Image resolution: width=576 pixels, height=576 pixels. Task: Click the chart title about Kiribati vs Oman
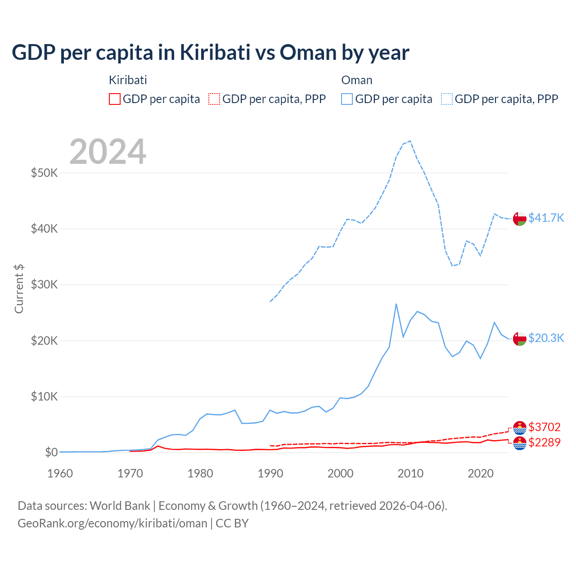pos(210,53)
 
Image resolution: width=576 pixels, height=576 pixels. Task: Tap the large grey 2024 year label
pos(108,152)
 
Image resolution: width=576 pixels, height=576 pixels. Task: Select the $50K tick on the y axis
pos(44,173)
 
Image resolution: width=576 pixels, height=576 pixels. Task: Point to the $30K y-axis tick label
pos(44,285)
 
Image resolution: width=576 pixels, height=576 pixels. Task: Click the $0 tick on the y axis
pos(51,452)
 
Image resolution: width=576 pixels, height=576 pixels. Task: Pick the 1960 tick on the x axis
pos(60,473)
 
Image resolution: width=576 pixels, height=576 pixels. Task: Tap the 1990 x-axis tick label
pos(270,473)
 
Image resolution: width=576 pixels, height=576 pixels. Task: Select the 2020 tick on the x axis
pos(481,473)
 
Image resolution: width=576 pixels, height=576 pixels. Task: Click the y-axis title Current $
pos(19,288)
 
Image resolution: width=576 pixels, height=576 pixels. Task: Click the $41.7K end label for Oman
pos(546,218)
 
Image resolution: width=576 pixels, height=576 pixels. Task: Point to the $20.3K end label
pos(546,338)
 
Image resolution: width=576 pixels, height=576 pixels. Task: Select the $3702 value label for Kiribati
pos(544,427)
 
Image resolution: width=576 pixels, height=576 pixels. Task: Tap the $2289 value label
pos(544,442)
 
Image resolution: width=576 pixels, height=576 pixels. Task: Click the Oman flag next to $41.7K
pos(520,218)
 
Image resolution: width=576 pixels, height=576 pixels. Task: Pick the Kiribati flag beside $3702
pos(520,427)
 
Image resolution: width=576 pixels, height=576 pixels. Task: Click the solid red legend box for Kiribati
pos(115,99)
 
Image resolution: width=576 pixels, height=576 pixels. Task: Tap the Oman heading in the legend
pos(357,80)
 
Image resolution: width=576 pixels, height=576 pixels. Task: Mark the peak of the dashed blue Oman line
pos(410,141)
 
